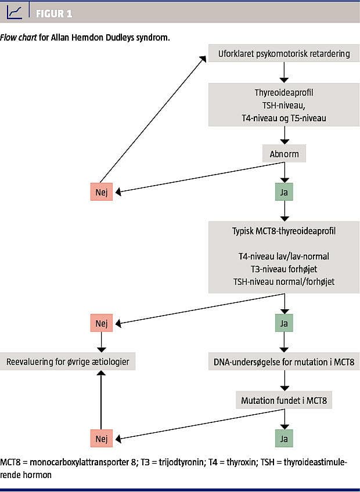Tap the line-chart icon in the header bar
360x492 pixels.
(x=16, y=12)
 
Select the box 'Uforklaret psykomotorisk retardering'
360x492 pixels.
(x=284, y=54)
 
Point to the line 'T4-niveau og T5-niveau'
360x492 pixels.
(x=284, y=118)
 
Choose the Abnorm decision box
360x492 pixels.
(x=284, y=154)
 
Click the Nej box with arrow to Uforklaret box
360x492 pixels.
(x=102, y=192)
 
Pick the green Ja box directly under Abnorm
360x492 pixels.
(x=284, y=192)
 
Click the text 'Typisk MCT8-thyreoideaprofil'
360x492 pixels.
(x=284, y=231)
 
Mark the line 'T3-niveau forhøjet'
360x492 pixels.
(x=284, y=269)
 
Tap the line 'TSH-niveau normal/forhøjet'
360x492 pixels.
(x=284, y=281)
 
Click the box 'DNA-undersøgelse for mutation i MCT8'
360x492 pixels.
(x=284, y=363)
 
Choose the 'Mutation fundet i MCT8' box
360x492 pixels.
(x=284, y=400)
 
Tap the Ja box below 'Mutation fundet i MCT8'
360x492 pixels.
(x=284, y=439)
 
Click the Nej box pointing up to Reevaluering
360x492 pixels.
(x=102, y=439)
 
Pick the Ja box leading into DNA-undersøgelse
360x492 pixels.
(x=284, y=323)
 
